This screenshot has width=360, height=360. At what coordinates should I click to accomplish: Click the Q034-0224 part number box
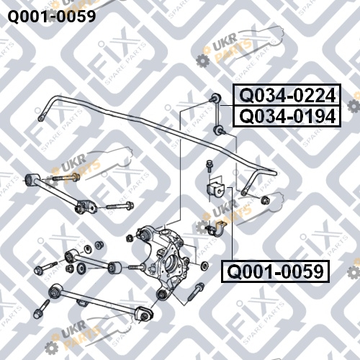pyautogui.click(x=287, y=95)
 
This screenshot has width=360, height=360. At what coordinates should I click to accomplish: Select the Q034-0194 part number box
pyautogui.click(x=287, y=116)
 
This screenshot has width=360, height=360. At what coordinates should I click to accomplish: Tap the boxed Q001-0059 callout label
pyautogui.click(x=275, y=271)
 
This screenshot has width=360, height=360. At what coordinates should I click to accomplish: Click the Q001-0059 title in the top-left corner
pyautogui.click(x=52, y=17)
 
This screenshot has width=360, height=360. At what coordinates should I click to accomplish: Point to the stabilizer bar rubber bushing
pyautogui.click(x=215, y=189)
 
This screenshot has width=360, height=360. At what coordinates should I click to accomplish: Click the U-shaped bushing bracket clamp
pyautogui.click(x=217, y=229)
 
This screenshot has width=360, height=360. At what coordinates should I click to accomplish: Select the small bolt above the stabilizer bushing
pyautogui.click(x=209, y=166)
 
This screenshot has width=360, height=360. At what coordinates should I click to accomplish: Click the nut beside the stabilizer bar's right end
pyautogui.click(x=266, y=199)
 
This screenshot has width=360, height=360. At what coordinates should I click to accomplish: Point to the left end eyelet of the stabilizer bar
pyautogui.click(x=41, y=118)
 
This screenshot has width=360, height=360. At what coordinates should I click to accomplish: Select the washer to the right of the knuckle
pyautogui.click(x=204, y=265)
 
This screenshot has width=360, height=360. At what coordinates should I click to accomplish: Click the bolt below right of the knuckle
pyautogui.click(x=196, y=292)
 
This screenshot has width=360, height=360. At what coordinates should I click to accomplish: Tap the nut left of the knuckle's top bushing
pyautogui.click(x=130, y=238)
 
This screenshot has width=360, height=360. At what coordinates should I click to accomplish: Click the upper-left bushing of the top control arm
pyautogui.click(x=30, y=180)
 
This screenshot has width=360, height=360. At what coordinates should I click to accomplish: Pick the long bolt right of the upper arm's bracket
pyautogui.click(x=120, y=206)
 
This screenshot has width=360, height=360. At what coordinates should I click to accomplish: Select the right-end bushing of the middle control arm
pyautogui.click(x=114, y=268)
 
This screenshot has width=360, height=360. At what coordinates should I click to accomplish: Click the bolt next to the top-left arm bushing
pyautogui.click(x=66, y=178)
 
